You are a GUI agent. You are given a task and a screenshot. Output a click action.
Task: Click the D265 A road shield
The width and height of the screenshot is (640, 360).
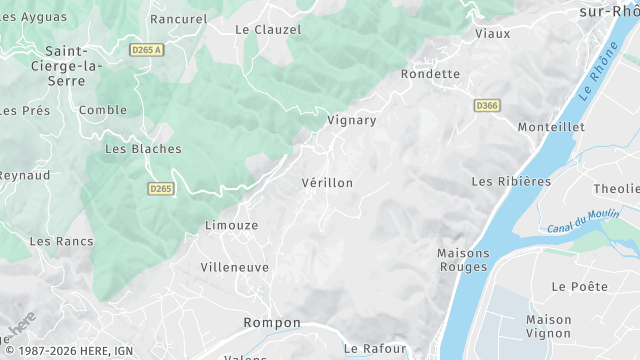(x=146, y=48)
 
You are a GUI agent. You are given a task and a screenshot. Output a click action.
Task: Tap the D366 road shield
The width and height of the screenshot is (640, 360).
(x=487, y=105)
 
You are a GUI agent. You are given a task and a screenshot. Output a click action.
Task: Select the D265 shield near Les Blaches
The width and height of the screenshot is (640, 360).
(x=160, y=188)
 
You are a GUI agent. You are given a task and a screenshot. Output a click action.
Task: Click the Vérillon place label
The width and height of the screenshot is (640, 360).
(x=327, y=184)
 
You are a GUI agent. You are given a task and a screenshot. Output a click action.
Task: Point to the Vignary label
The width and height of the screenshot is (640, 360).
(x=352, y=121)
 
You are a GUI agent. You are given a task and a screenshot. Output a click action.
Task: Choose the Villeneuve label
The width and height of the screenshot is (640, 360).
(x=235, y=268)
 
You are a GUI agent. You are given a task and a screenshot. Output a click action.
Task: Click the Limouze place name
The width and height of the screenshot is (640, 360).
(x=231, y=226)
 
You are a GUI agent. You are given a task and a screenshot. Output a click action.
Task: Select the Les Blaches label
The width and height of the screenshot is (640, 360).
(x=143, y=149)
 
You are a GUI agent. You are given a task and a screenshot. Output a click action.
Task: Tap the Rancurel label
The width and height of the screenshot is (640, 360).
(x=178, y=19)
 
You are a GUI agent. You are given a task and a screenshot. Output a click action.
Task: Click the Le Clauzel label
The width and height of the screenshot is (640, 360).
(x=268, y=30)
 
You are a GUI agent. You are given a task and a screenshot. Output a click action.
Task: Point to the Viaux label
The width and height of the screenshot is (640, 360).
(x=492, y=33)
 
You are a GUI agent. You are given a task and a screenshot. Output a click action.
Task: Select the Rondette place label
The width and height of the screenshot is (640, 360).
(x=430, y=74)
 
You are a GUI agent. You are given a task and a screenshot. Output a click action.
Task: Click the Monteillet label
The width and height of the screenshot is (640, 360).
(x=549, y=127)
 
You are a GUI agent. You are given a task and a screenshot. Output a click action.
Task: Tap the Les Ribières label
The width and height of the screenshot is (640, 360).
(x=511, y=181)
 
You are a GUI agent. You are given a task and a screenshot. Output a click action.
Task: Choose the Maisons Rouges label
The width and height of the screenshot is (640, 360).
(x=463, y=260)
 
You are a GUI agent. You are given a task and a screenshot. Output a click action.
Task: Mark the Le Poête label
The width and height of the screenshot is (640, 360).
(x=579, y=286)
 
